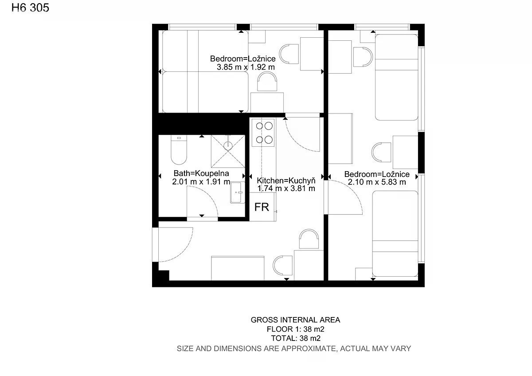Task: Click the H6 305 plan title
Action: (x=30, y=8)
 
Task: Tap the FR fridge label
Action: (x=262, y=207)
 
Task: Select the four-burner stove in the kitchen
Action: (x=263, y=133)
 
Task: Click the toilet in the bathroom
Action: (x=179, y=150)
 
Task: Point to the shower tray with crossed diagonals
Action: (x=228, y=151)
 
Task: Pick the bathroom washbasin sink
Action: (x=238, y=192)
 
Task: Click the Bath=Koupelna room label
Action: (x=201, y=173)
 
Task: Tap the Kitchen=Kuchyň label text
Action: (x=286, y=180)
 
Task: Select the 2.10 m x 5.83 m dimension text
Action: (x=377, y=182)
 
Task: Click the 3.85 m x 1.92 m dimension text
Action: (x=246, y=67)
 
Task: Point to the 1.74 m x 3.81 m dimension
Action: (x=286, y=188)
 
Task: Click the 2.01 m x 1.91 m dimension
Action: (x=201, y=182)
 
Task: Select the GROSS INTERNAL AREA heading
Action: (x=295, y=320)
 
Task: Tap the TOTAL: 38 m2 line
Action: (x=296, y=338)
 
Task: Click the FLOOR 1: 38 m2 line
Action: (x=295, y=329)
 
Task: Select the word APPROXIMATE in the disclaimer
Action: (x=309, y=349)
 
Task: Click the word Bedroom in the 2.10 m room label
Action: (x=360, y=174)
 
